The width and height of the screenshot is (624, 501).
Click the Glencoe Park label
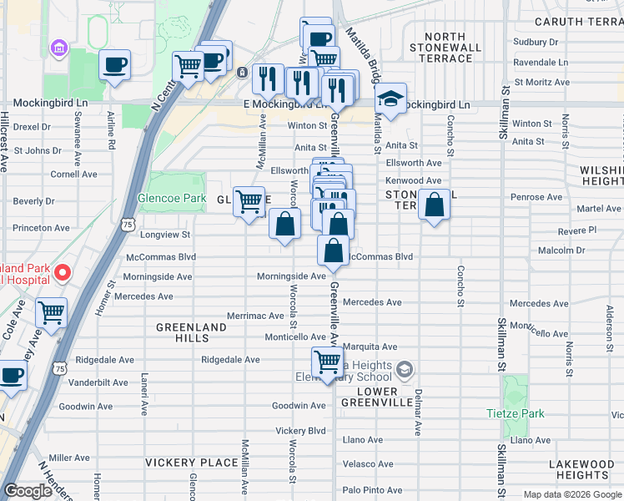pos(171,199)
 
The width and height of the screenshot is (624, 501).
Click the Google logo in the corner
pos(28,491)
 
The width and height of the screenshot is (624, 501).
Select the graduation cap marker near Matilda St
pos(390,99)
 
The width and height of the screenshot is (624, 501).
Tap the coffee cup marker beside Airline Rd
pos(114,64)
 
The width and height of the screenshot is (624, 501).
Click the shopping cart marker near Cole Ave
pos(52,313)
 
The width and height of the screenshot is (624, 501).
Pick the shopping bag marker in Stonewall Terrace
pos(435,205)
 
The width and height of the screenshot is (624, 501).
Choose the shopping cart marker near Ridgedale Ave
pos(327,362)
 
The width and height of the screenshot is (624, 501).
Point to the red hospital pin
pos(63,272)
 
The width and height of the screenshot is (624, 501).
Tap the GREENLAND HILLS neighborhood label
pos(191,332)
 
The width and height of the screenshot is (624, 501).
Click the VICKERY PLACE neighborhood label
pos(191,462)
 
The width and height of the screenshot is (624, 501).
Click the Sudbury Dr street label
pos(536,42)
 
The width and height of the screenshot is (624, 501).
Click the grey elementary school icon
pos(405,369)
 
